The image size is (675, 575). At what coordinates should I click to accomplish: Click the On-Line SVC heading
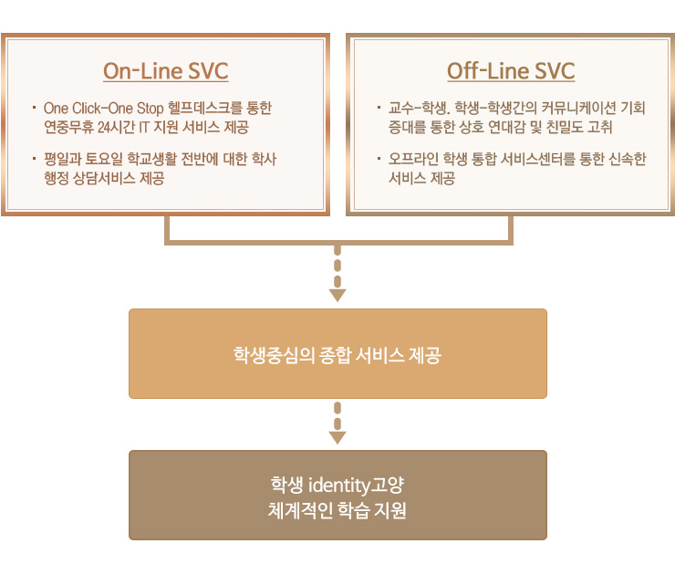(165, 71)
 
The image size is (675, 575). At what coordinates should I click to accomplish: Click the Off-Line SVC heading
(511, 71)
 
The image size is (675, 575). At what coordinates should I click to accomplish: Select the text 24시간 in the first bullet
(114, 127)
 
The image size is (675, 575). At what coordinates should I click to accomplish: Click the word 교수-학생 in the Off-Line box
(410, 109)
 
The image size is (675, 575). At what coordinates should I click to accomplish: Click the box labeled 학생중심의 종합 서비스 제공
(337, 354)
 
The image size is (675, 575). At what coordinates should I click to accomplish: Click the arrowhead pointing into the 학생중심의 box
(337, 295)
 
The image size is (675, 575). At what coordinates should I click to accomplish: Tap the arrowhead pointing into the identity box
(337, 437)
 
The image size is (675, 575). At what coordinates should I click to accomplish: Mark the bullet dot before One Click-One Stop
(33, 108)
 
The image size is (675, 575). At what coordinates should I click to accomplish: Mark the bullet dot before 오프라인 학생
(379, 159)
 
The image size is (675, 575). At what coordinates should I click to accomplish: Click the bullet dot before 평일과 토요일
(33, 159)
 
